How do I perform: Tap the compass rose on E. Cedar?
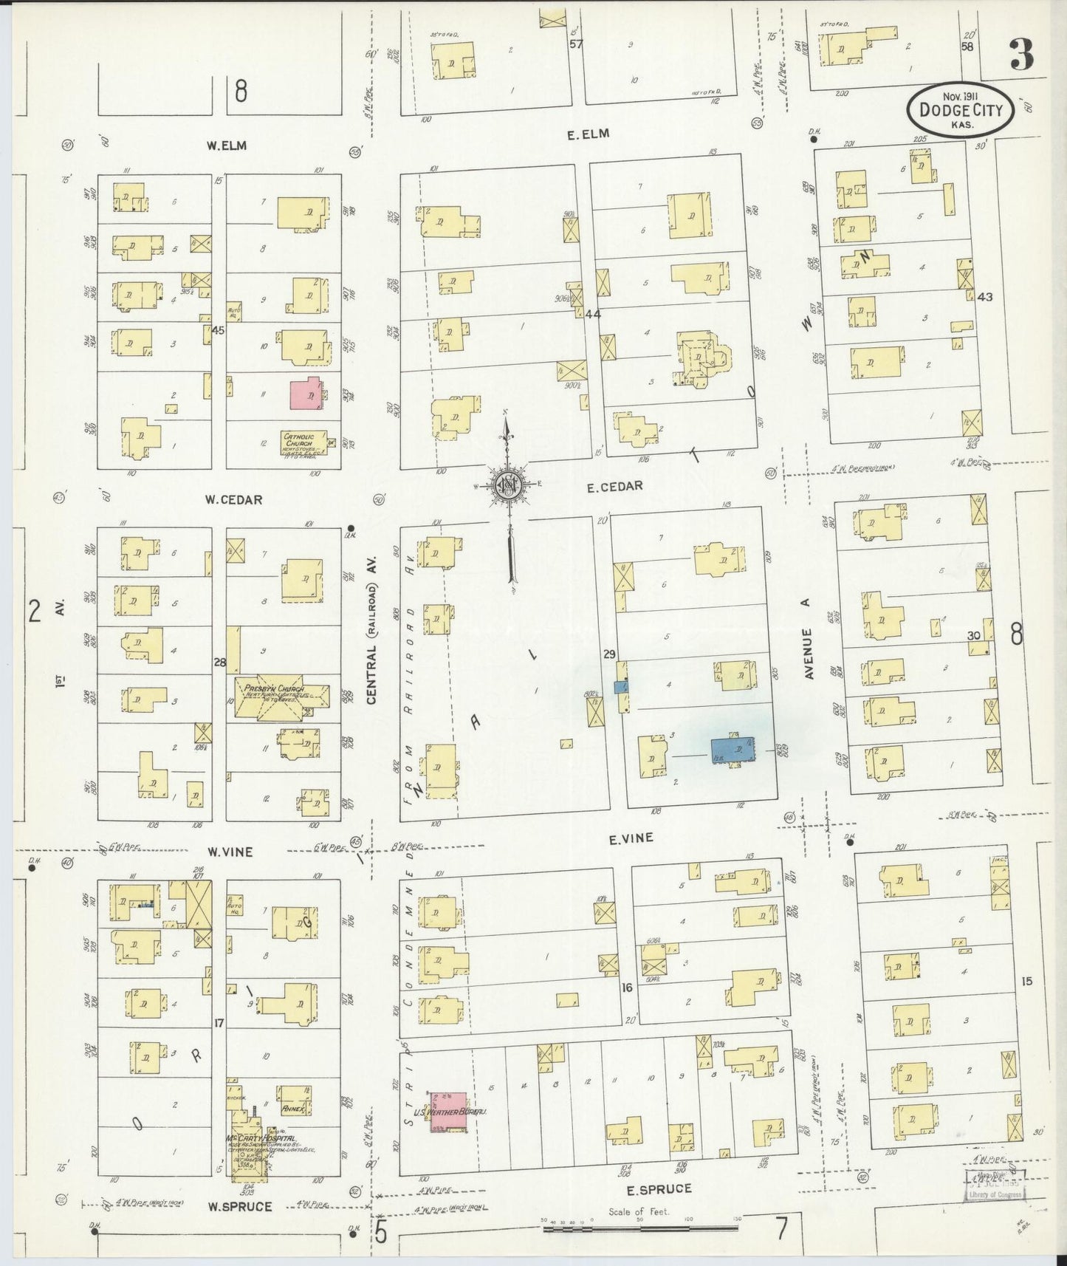pos(509,485)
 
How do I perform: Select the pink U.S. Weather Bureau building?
pos(448,1112)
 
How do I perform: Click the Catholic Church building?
pos(303,443)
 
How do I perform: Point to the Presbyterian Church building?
pos(281,695)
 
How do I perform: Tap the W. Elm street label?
pos(226,146)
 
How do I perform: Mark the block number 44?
pos(592,314)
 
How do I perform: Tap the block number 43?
pos(984,297)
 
